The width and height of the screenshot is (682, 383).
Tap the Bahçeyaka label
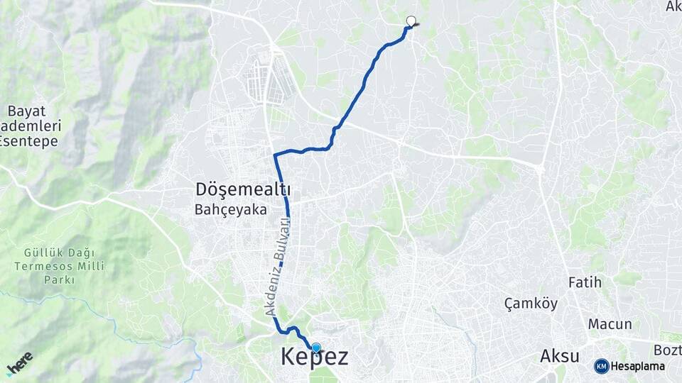pyautogui.click(x=231, y=210)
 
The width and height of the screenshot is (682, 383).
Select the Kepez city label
pyautogui.click(x=315, y=357)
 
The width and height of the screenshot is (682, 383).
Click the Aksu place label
pyautogui.click(x=560, y=356)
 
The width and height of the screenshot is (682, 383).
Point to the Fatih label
pyautogui.click(x=585, y=282)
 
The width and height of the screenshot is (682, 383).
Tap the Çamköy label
pyautogui.click(x=531, y=304)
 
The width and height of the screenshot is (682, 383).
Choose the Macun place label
pyautogui.click(x=610, y=324)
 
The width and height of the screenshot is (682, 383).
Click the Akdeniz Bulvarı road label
pyautogui.click(x=278, y=267)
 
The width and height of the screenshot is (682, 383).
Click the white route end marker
pyautogui.click(x=410, y=21)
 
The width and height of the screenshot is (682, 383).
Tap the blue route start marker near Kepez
pyautogui.click(x=316, y=348)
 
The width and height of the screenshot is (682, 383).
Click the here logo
pyautogui.click(x=19, y=362)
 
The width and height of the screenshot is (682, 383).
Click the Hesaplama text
pyautogui.click(x=638, y=366)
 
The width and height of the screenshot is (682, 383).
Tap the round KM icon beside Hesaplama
pyautogui.click(x=602, y=366)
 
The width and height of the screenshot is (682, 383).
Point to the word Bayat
pyautogui.click(x=27, y=111)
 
